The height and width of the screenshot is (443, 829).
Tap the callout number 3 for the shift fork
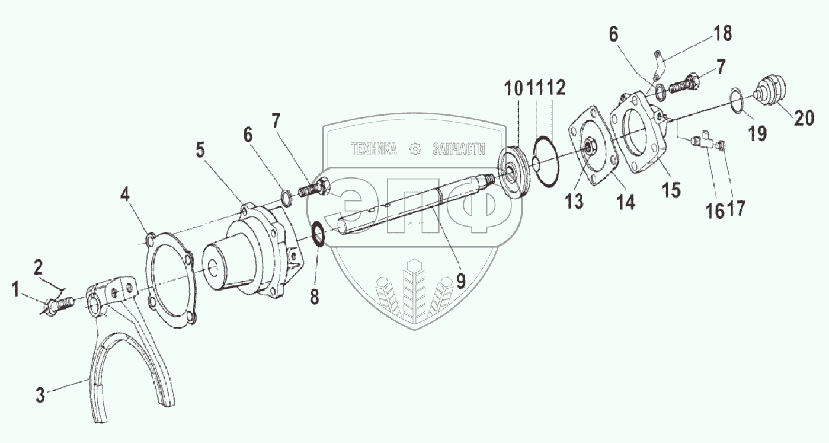coord(40,396)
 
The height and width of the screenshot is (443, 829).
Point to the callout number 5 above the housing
coord(201,151)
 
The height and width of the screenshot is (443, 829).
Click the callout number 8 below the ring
coord(314,297)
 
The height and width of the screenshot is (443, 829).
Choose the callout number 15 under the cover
coord(672,190)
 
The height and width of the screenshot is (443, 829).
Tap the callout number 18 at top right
coord(722,33)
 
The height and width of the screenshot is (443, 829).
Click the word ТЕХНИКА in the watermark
coord(373,149)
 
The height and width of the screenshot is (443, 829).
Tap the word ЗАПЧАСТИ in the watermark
coord(459,149)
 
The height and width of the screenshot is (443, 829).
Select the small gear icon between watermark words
coord(415,149)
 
